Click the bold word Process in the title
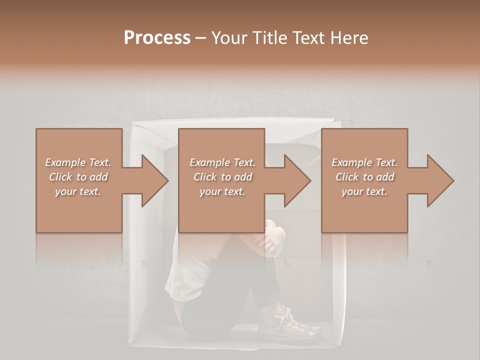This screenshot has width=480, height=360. point(157,38)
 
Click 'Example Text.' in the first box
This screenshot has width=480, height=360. point(78,162)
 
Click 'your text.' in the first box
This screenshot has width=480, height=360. point(78,191)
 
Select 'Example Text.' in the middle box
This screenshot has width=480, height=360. point(222,162)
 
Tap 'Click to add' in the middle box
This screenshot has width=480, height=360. point(222,177)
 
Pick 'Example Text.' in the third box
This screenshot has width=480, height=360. point(364,162)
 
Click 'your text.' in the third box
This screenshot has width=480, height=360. point(364,191)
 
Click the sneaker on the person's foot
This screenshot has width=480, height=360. point(290,325)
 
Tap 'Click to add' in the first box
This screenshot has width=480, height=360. point(78,177)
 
